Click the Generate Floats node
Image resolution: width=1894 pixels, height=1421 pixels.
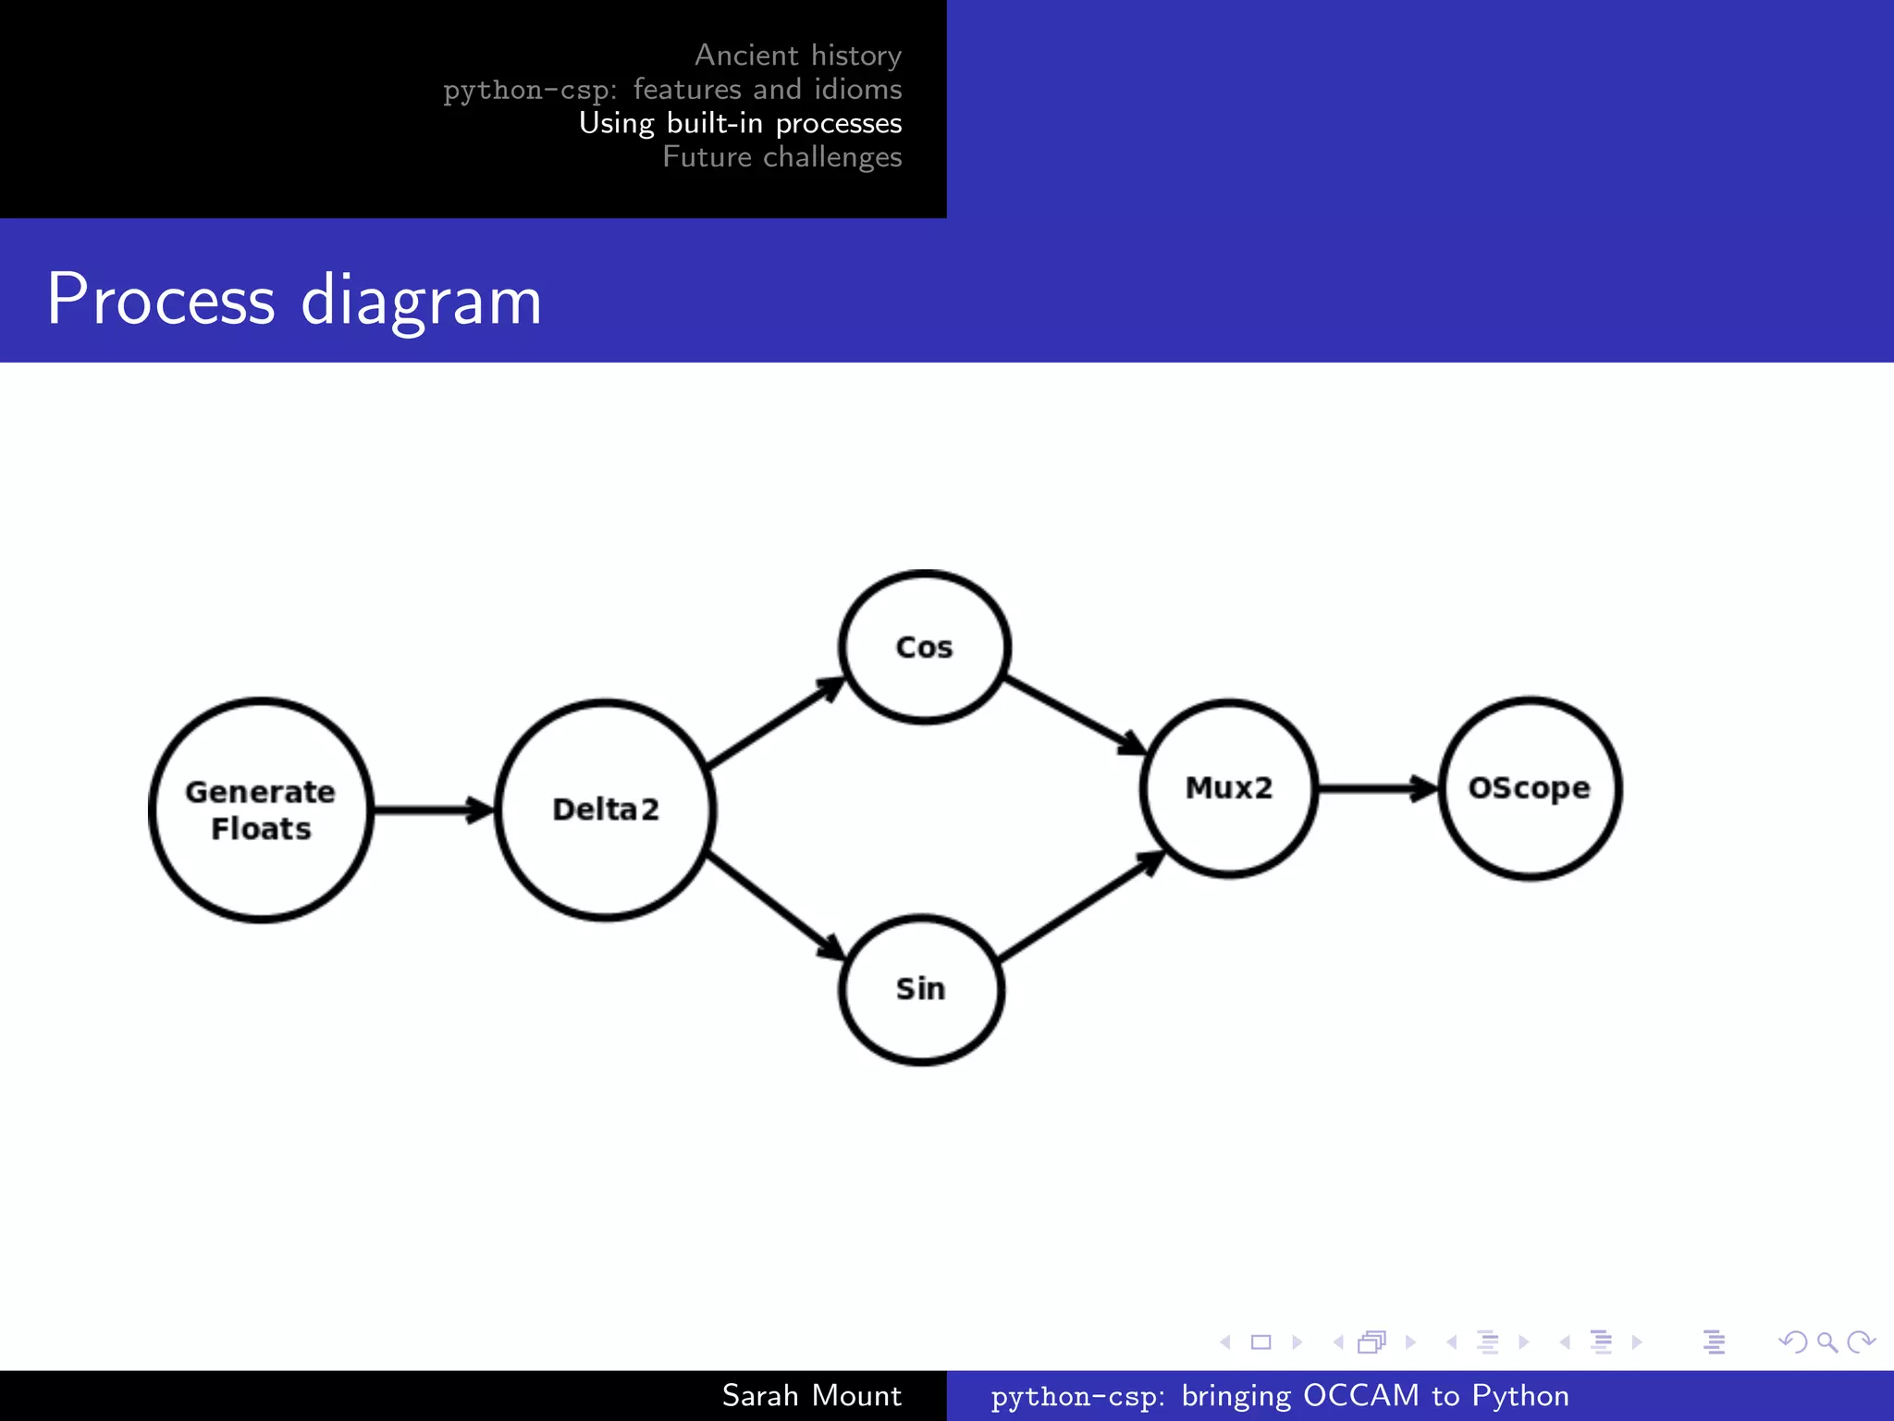261,809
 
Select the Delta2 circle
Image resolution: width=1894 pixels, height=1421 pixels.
606,809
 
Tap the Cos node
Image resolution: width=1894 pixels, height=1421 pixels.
924,647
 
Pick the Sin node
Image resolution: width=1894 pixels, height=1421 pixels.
921,989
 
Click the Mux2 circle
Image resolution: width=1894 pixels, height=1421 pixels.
1229,787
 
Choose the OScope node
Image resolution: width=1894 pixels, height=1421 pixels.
1530,787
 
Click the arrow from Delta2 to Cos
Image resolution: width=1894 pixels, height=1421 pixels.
775,723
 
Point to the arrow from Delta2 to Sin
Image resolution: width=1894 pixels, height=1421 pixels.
775,905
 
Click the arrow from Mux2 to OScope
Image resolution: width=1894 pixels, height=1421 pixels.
1376,788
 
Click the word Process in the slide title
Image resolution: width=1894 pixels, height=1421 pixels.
161,300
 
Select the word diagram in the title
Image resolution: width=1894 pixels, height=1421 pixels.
421,302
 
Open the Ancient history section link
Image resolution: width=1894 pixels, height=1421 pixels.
797,56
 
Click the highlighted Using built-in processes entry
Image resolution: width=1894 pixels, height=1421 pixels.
740,123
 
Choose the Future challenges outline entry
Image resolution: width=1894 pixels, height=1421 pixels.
781,157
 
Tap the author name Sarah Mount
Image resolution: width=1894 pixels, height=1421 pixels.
811,1395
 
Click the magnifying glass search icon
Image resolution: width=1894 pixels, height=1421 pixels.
1826,1341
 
